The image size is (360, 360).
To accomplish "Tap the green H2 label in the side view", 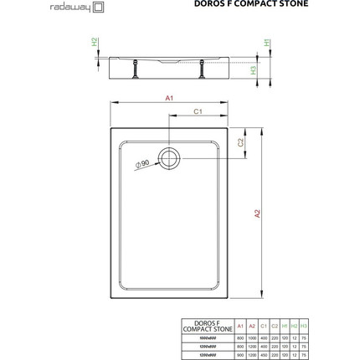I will coord(95,42).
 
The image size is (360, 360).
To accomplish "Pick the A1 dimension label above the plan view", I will coord(169,99).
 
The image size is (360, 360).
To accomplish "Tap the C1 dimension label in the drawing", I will coord(198,111).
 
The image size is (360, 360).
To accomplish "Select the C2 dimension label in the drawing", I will coord(240,142).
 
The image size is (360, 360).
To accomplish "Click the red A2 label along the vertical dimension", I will coord(258,213).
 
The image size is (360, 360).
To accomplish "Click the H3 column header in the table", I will coord(303,327).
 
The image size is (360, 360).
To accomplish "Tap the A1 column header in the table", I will coord(240,327).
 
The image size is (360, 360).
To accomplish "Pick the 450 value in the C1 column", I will coord(265,355).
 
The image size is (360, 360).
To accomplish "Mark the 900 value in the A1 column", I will coord(240,355).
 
